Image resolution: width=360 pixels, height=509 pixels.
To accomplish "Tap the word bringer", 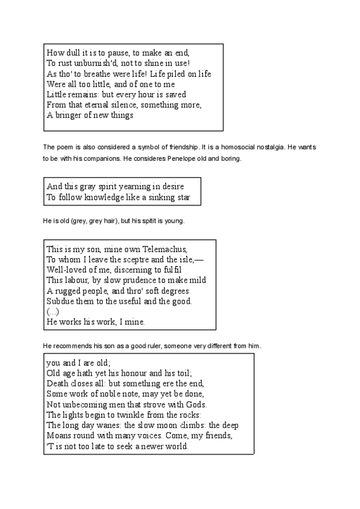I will tap(70, 115).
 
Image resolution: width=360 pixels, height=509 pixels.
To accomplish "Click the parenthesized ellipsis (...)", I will tap(53, 312).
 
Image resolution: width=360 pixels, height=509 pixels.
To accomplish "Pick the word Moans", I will tap(59, 436).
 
